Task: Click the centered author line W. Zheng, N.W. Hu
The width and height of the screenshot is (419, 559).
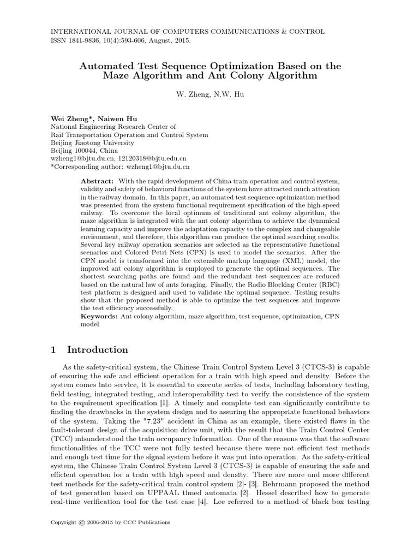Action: (209, 94)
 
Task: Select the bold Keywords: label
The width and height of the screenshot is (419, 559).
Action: (99, 316)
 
